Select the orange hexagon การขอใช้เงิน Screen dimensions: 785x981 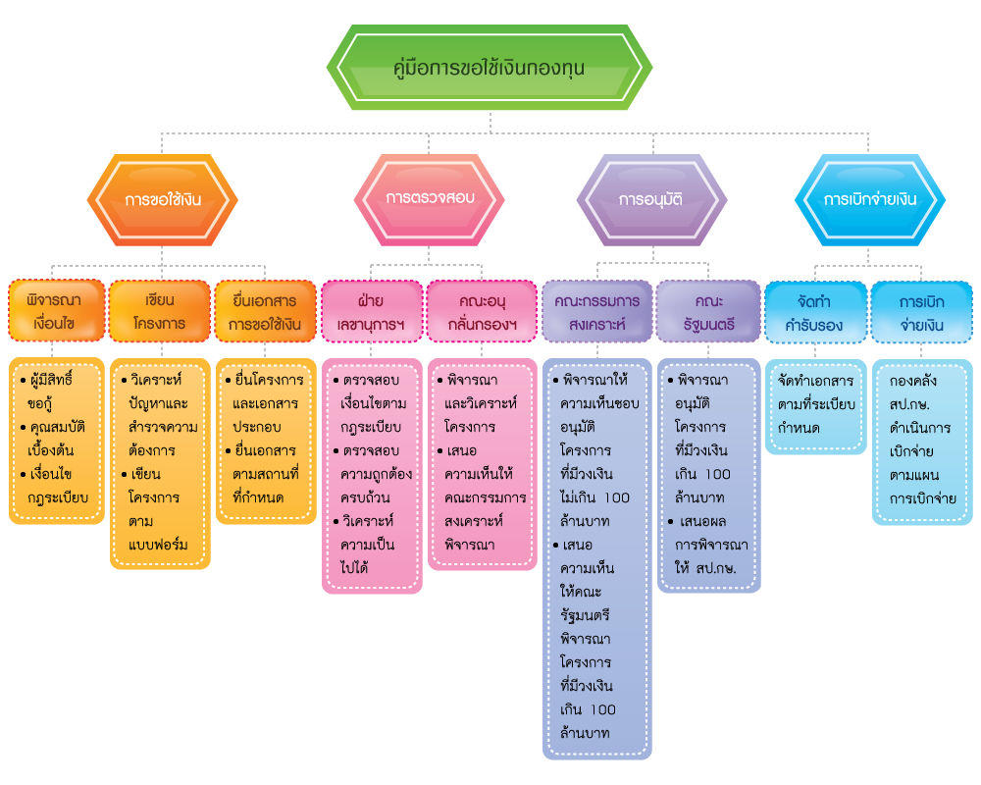(163, 199)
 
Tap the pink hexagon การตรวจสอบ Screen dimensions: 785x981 (430, 198)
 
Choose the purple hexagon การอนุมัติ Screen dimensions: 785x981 (651, 199)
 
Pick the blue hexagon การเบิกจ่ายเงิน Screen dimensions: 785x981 (870, 199)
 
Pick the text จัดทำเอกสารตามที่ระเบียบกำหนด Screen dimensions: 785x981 (815, 403)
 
